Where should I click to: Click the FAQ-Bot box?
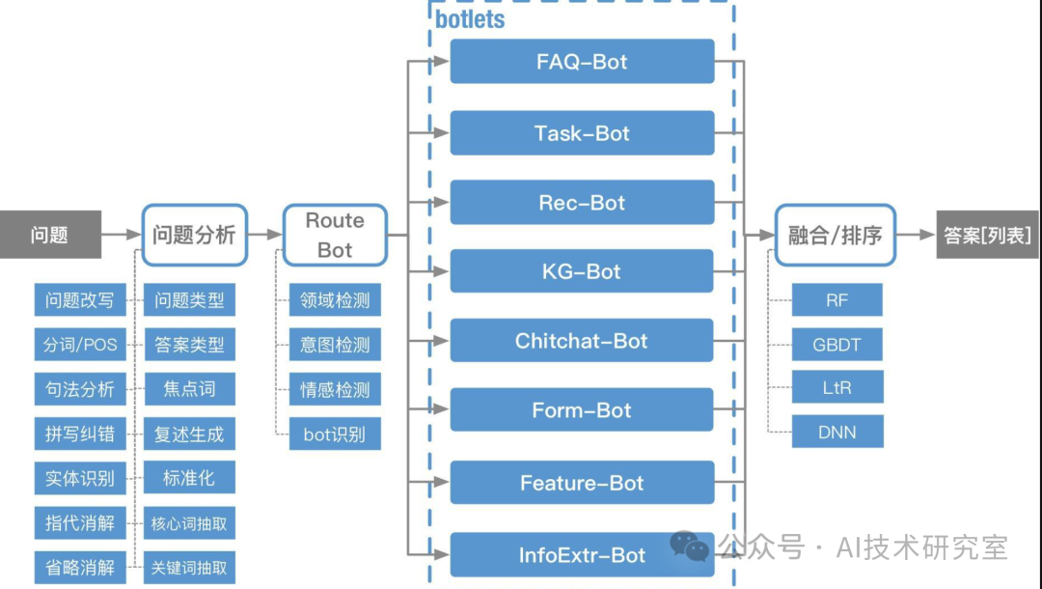582,61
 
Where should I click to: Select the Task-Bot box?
582,133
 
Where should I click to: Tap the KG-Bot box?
582,271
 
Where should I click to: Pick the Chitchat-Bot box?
582,341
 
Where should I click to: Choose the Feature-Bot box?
582,483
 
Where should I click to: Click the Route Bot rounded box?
335,235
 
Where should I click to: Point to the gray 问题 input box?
50,235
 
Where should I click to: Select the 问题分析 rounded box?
194,235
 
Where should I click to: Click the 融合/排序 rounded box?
836,235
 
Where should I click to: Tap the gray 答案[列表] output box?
988,235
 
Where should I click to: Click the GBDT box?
837,345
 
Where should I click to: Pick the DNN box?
837,433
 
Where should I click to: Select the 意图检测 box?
335,345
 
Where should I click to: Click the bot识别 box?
335,435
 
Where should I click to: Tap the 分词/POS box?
80,345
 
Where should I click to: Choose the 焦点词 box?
189,389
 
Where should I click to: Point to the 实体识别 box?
80,478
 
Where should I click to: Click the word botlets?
470,19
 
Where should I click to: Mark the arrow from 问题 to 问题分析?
122,234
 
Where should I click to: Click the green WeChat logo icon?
689,547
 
